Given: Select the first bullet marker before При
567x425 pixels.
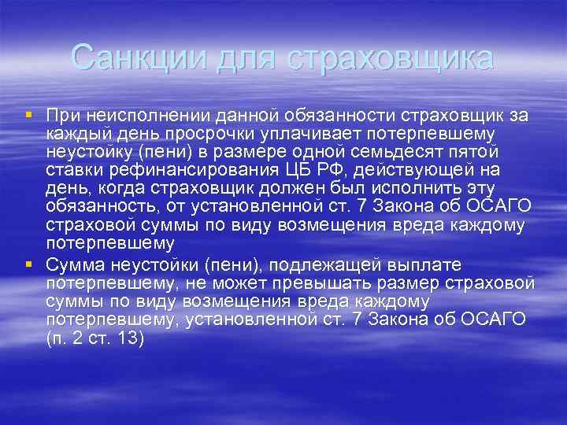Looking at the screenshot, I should click(29, 115).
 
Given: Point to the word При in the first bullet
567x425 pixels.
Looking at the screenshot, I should click(60, 116).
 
